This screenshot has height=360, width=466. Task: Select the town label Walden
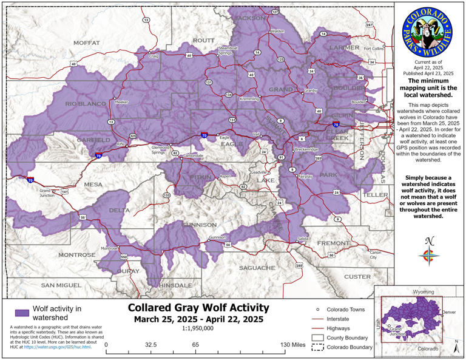click(277, 31)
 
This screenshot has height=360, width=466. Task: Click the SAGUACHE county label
click(257, 267)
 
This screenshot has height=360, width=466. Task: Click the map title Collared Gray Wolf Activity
click(195, 308)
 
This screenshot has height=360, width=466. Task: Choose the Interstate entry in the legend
click(342, 318)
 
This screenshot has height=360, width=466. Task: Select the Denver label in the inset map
click(450, 312)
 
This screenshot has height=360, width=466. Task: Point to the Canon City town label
click(376, 254)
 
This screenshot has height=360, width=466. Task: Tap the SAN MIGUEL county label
click(61, 285)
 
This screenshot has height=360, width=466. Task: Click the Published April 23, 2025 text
click(427, 72)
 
